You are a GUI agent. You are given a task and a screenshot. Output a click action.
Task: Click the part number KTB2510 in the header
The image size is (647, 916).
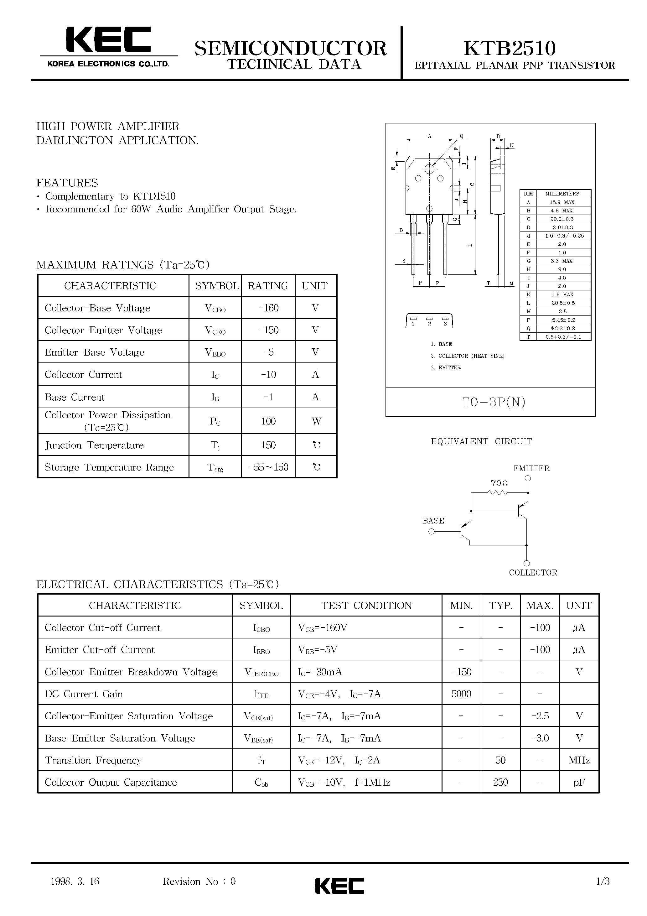[510, 48]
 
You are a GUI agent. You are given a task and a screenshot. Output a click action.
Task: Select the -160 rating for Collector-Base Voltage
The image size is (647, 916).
[268, 308]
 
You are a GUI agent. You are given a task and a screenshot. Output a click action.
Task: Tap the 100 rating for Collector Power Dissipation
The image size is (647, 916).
[268, 421]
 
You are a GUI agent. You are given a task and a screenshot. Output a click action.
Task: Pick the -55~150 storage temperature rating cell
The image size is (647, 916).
[268, 467]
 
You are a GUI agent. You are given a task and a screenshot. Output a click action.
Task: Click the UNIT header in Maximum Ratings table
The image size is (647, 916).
[315, 286]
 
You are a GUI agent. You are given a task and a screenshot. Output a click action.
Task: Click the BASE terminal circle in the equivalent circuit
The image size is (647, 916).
[431, 531]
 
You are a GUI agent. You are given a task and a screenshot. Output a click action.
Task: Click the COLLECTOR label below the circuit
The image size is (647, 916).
[533, 573]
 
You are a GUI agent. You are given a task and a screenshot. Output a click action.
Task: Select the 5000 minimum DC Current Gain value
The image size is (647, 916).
[461, 694]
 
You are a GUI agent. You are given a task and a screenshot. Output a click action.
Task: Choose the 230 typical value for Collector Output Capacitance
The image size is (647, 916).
[500, 782]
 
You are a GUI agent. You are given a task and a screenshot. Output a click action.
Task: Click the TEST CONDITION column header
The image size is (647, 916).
[366, 605]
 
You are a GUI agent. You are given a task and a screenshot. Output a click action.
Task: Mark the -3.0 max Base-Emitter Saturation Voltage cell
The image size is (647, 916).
[540, 738]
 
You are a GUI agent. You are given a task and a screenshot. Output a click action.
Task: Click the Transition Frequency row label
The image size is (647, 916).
[93, 760]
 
